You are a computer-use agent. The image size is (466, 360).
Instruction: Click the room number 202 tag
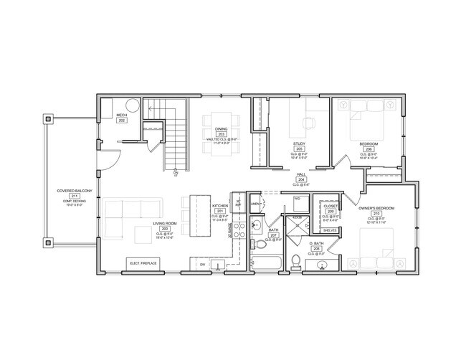tap(122, 120)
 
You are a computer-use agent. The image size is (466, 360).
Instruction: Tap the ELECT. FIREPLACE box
tap(144, 262)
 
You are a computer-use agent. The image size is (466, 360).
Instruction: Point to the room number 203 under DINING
tap(222, 135)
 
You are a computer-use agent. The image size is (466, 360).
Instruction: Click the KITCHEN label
tap(219, 205)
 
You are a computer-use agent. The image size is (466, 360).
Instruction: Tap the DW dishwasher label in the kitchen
tap(203, 265)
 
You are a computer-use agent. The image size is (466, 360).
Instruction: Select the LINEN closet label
tap(255, 204)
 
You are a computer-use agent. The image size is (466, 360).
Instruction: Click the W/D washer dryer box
tap(297, 199)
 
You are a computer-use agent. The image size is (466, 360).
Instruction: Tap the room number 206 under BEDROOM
tap(368, 148)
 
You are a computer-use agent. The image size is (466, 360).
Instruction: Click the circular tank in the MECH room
tap(133, 105)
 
